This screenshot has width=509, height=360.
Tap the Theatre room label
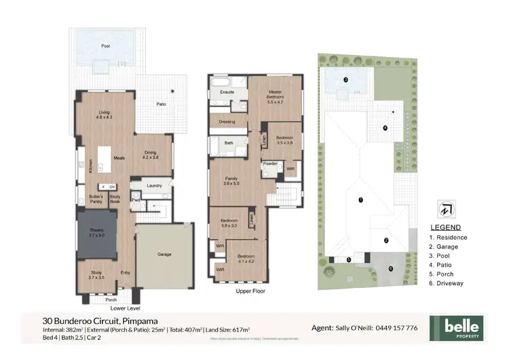point(96,233)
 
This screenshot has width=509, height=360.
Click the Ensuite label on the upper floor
point(227,90)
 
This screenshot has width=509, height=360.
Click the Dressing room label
point(227,122)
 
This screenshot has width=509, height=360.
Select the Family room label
point(233,180)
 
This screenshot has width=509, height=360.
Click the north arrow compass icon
point(446,208)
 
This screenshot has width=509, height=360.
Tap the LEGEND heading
point(446,227)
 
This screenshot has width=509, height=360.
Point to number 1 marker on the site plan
point(361,200)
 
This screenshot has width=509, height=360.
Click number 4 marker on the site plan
point(385,128)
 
